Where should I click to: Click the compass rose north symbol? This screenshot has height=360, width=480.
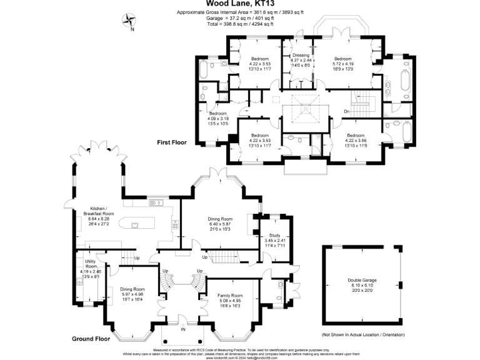131,21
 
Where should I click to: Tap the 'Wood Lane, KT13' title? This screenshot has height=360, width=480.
241,4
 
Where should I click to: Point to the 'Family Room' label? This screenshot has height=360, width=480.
230,295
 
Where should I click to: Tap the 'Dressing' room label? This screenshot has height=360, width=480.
301,56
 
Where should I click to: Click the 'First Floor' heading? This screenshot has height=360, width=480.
172,142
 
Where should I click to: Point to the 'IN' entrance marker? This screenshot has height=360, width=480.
183,329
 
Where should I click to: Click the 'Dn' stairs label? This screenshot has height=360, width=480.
346,112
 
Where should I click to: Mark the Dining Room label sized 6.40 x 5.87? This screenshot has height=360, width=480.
220,219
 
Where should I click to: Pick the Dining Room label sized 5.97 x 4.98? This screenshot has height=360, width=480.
132,289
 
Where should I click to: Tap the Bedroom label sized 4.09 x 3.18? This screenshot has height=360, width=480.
218,114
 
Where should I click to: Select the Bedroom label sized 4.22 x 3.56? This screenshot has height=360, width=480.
356,135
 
